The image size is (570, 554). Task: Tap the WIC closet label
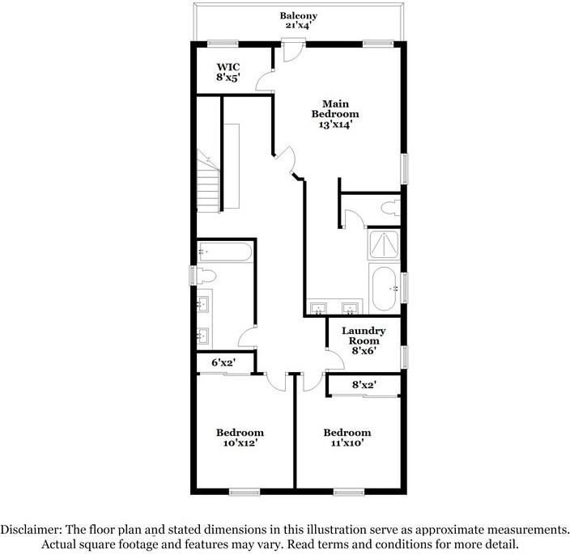pos(226,72)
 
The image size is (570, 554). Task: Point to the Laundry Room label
pos(363,340)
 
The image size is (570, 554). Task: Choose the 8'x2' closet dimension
pos(364,385)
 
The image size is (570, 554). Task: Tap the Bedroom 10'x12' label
pos(239,438)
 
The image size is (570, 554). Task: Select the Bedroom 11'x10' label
pos(347,438)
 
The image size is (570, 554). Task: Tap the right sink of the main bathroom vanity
pos(351,308)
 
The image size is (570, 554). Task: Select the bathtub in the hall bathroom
pos(225,252)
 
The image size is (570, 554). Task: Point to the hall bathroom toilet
pos(203,276)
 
